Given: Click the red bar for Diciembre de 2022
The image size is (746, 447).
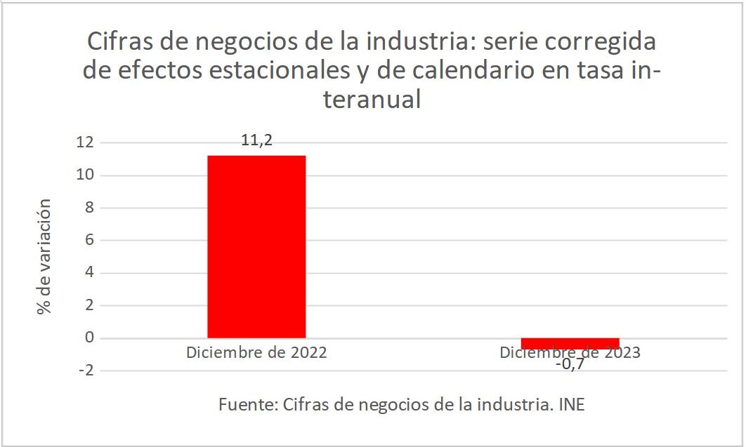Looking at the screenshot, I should pyautogui.click(x=256, y=246).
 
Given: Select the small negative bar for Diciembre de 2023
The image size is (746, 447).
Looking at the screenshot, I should pyautogui.click(x=570, y=343).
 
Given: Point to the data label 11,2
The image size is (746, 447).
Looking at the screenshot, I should pyautogui.click(x=256, y=140).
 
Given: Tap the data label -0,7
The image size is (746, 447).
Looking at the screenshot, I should pyautogui.click(x=570, y=364).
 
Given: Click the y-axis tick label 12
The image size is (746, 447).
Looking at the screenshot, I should pyautogui.click(x=84, y=142).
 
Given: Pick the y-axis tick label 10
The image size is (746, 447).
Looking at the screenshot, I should pyautogui.click(x=84, y=175).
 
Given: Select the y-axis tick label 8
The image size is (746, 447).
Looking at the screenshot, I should pyautogui.click(x=88, y=208).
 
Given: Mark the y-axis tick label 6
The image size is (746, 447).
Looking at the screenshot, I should pyautogui.click(x=88, y=240).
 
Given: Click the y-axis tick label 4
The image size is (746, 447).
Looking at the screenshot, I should pyautogui.click(x=88, y=273).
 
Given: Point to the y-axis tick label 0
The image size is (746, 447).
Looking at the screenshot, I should pyautogui.click(x=88, y=338).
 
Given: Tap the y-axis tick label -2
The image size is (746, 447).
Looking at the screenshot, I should pyautogui.click(x=85, y=371).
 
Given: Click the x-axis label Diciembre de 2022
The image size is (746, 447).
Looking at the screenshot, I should pyautogui.click(x=256, y=352).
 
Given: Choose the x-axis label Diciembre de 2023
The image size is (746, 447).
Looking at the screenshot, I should pyautogui.click(x=570, y=352).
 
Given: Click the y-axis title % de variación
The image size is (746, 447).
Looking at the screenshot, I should pyautogui.click(x=45, y=256).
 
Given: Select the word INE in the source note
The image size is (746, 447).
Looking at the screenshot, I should pyautogui.click(x=570, y=405).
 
